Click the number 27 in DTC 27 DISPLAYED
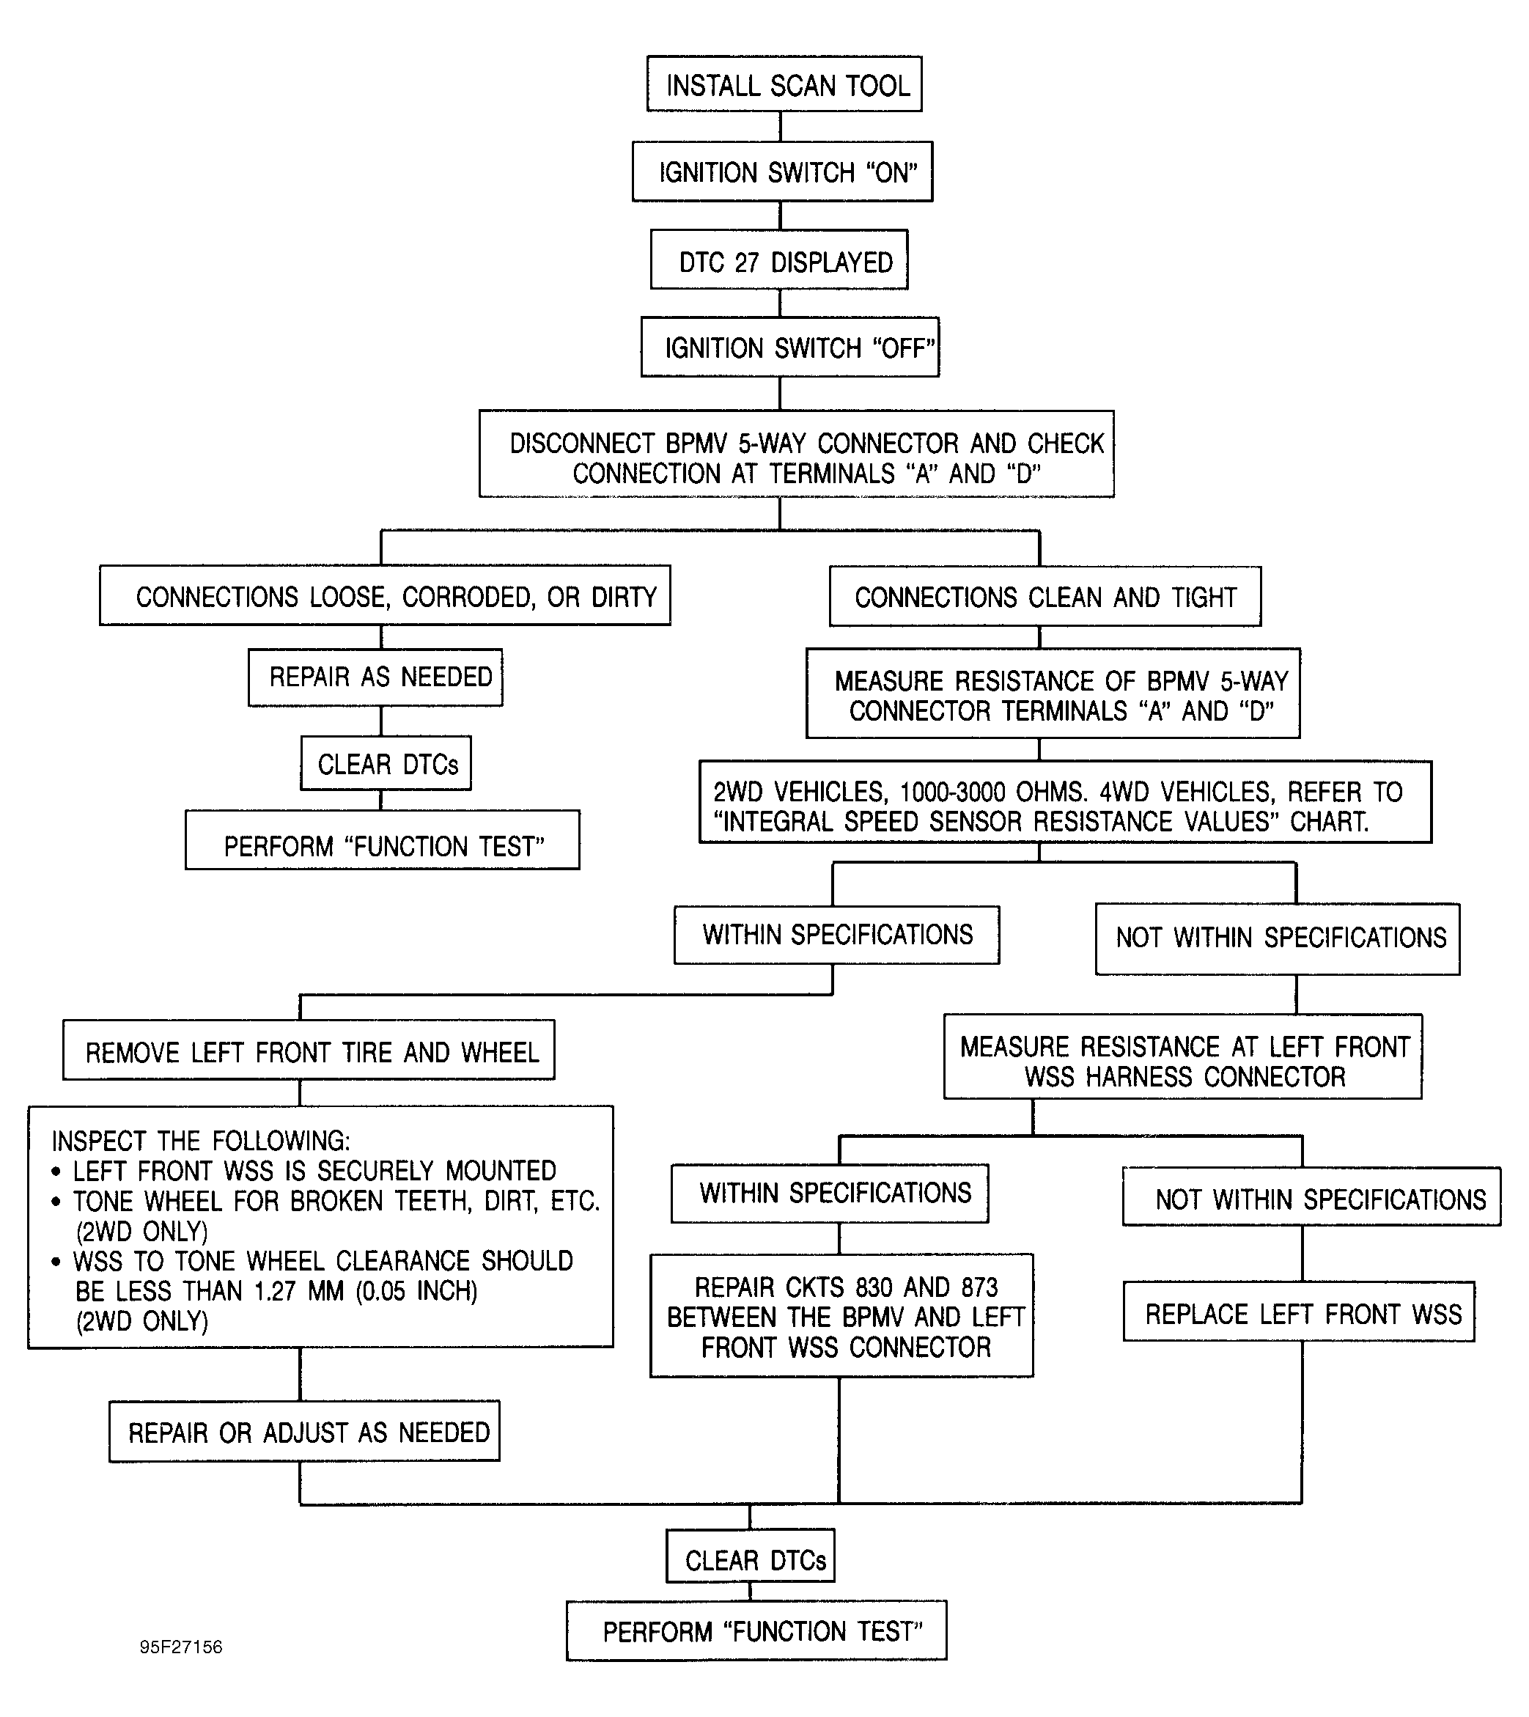pyautogui.click(x=747, y=262)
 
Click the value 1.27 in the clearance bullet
pyautogui.click(x=274, y=1291)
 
